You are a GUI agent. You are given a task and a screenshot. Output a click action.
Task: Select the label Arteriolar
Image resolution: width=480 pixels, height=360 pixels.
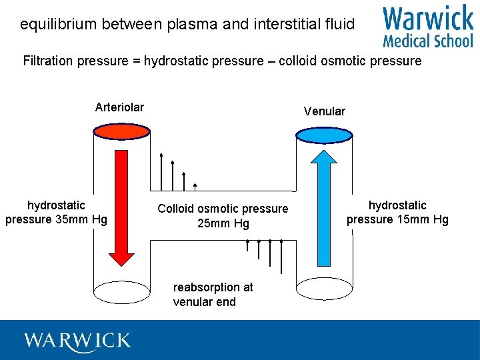coord(119,107)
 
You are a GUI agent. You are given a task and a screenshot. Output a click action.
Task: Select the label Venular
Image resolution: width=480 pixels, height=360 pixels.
coord(325,111)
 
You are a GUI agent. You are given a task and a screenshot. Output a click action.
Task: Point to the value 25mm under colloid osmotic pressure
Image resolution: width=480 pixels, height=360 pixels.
coord(211,224)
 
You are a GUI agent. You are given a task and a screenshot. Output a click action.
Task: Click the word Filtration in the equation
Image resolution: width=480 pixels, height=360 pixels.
coord(47,61)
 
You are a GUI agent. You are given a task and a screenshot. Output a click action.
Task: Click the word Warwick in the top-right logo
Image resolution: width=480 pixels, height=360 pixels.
coord(427,19)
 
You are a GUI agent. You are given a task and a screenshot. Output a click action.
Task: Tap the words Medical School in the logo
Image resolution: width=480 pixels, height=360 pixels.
coord(427,41)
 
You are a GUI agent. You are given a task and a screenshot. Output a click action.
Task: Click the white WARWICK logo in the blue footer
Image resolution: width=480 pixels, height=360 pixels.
coord(77,341)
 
